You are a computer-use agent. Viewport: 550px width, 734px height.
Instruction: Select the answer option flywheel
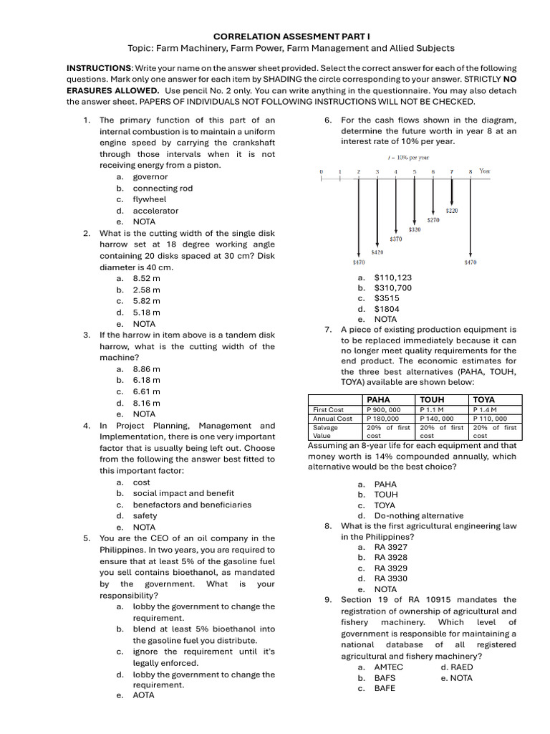tap(149, 199)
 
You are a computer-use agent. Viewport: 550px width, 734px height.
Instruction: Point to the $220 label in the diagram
tap(452, 211)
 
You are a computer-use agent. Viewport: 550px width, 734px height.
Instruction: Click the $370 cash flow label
tap(395, 239)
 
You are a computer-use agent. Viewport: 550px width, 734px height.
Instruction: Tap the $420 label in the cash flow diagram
tap(377, 252)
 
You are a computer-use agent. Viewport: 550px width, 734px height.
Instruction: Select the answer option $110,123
tap(392, 277)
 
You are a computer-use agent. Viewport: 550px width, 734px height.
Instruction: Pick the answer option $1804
tap(387, 309)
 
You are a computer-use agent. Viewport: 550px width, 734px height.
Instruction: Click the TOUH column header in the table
tap(432, 399)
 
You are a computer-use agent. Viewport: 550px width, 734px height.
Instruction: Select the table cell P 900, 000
tap(383, 409)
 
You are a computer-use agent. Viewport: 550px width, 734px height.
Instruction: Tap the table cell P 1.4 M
tap(486, 409)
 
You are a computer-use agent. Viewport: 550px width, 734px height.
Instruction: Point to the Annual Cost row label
tap(332, 419)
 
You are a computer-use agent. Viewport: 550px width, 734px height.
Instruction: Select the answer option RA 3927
tap(390, 547)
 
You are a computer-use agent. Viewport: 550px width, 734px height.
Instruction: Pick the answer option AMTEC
tap(388, 667)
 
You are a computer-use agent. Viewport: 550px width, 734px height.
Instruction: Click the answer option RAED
tap(461, 667)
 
